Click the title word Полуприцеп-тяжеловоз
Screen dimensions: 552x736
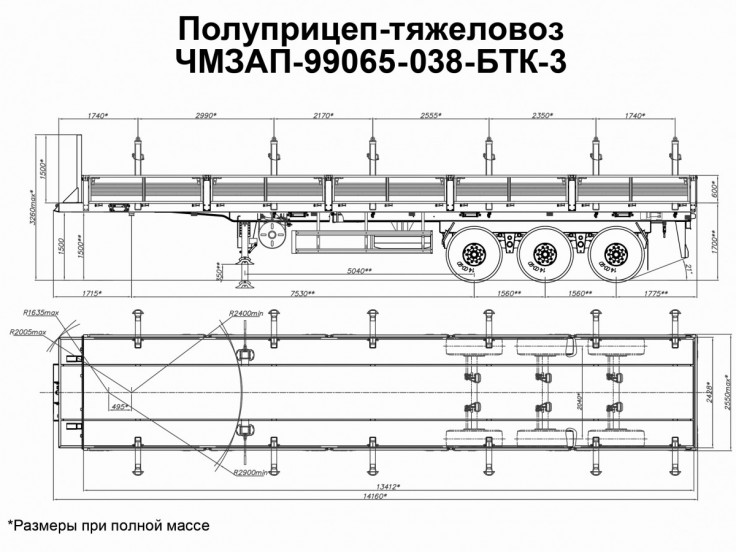point(368,26)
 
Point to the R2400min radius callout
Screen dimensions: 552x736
point(245,314)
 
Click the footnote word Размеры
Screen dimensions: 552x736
point(53,524)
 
